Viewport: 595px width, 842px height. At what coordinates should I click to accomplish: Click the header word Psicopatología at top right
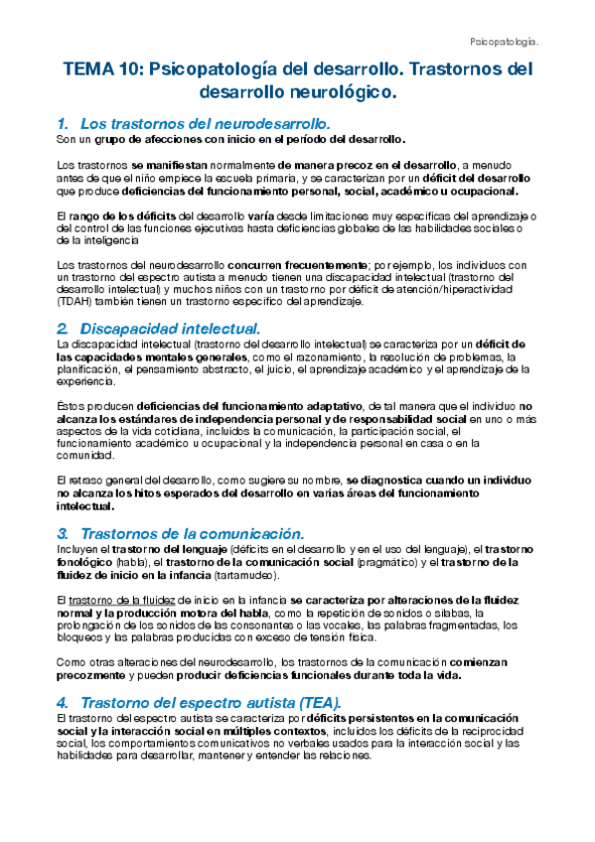pyautogui.click(x=503, y=42)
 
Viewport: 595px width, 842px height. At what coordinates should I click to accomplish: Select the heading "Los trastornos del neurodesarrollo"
pyautogui.click(x=204, y=124)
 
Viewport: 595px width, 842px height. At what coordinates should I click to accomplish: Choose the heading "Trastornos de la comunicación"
pyautogui.click(x=198, y=533)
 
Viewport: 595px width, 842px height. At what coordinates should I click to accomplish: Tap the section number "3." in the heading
pyautogui.click(x=63, y=533)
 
